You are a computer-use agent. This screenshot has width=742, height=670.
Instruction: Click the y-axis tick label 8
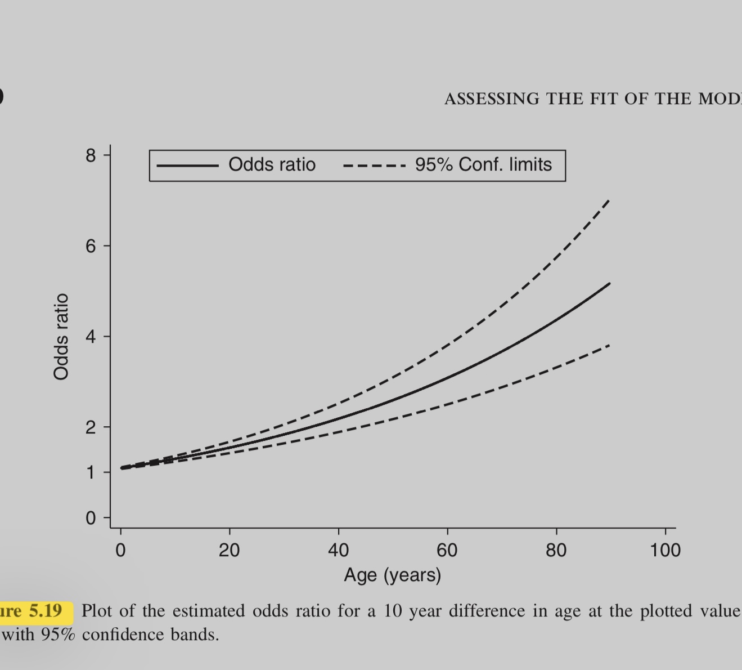tap(91, 155)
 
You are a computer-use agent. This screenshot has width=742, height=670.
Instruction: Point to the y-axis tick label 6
tap(91, 246)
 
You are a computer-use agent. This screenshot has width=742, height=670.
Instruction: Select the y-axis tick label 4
tap(91, 337)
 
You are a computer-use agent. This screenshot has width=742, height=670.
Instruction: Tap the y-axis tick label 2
tap(91, 427)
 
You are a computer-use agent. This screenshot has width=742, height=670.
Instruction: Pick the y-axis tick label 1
tap(91, 472)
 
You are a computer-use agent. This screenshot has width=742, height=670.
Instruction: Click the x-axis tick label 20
tap(229, 550)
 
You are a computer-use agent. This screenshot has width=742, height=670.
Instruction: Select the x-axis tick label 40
tap(338, 550)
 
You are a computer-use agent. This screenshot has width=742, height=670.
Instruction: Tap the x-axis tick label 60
tap(447, 550)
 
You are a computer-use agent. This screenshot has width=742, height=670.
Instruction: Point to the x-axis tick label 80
tap(556, 550)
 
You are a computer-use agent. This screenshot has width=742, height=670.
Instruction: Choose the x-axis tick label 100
tap(665, 550)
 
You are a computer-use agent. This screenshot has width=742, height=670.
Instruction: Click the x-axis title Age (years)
tap(393, 575)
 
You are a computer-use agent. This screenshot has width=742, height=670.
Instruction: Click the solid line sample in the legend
tap(187, 166)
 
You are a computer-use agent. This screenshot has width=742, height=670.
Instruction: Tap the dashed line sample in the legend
tap(374, 166)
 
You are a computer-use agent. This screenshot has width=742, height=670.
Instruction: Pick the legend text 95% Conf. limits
tap(484, 164)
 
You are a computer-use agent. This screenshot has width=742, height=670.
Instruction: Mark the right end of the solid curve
tap(609, 284)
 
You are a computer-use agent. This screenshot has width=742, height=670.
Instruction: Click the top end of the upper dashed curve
tap(609, 200)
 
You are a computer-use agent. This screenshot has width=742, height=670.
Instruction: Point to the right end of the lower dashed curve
tap(609, 345)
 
